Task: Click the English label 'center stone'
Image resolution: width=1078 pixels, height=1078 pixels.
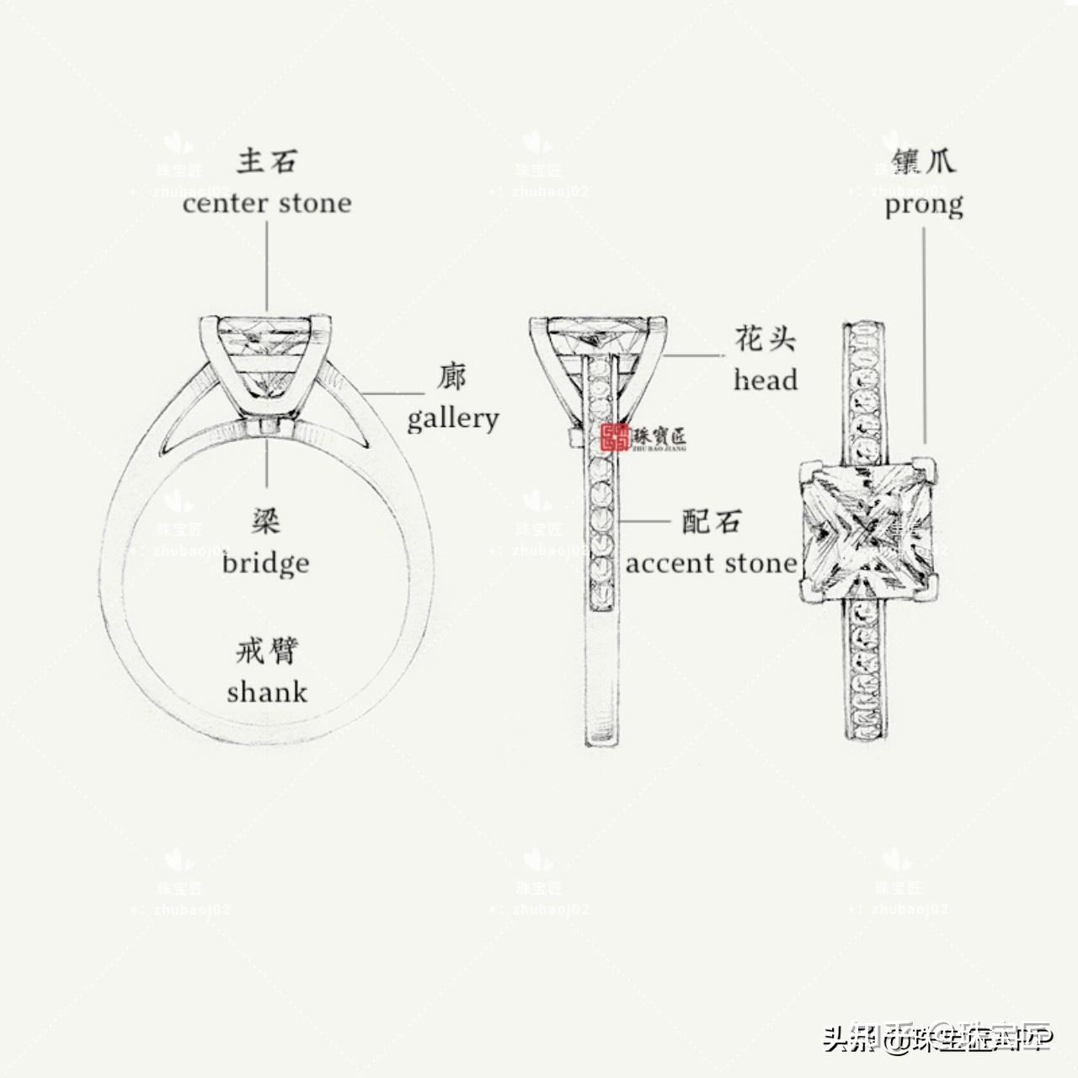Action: tap(267, 203)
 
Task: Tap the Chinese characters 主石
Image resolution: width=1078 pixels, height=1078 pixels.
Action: tap(267, 160)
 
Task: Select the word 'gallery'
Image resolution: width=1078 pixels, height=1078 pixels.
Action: tap(453, 418)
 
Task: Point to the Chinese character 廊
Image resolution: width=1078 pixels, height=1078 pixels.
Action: tap(451, 376)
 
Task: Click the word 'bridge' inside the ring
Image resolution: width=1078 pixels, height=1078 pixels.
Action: tap(266, 563)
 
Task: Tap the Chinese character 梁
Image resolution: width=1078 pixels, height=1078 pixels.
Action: tap(266, 522)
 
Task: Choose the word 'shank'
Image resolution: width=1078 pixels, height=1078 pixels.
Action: tap(267, 692)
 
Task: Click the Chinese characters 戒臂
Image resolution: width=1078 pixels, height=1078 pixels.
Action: tap(266, 651)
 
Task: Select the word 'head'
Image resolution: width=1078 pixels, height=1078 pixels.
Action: tap(765, 381)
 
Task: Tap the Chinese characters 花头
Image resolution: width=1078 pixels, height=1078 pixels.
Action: tap(765, 339)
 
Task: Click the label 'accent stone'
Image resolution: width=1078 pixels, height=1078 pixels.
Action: tap(711, 563)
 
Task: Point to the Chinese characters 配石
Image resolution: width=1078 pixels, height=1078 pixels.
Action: tap(712, 522)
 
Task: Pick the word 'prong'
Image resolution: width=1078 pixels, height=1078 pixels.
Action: tap(924, 205)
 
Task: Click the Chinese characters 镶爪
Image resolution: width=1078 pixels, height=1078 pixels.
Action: tap(924, 161)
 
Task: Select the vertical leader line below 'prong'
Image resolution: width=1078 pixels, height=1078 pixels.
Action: tap(925, 337)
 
